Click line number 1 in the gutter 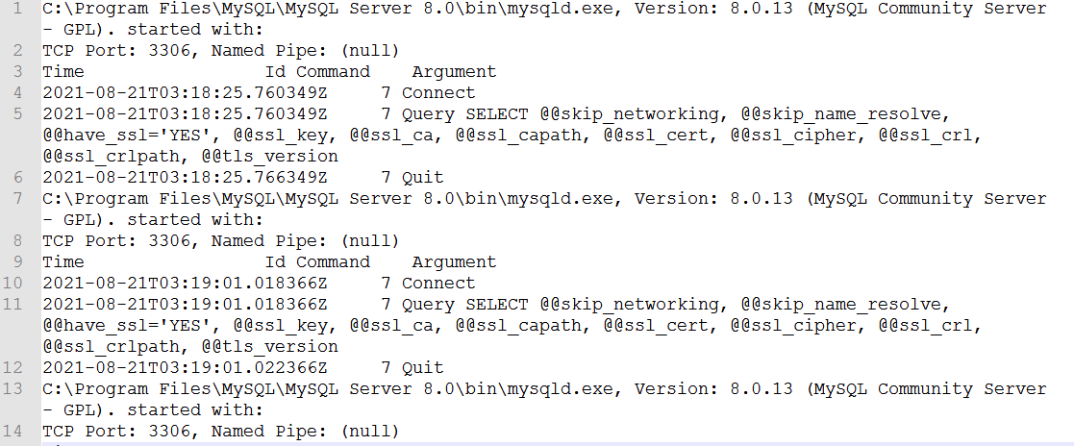click(17, 9)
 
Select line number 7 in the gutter click(17, 199)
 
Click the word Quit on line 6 click(423, 178)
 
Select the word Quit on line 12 click(423, 368)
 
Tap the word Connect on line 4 click(438, 93)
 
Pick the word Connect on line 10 click(438, 284)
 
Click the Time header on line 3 click(63, 72)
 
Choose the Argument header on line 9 click(454, 262)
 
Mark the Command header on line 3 click(333, 72)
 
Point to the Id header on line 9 click(275, 262)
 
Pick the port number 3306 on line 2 click(175, 51)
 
